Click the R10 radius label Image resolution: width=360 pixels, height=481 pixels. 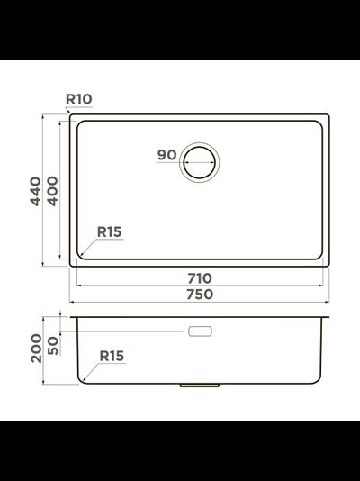click(79, 99)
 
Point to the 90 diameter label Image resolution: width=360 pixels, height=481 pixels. click(166, 155)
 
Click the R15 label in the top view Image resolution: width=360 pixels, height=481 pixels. click(110, 231)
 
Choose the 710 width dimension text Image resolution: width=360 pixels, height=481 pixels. click(200, 277)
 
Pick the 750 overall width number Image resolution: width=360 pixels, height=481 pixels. click(200, 294)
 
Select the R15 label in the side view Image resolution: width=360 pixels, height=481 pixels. click(112, 357)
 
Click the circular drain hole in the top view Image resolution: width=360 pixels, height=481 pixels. click(200, 163)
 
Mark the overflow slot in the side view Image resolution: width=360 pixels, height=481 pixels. click(200, 331)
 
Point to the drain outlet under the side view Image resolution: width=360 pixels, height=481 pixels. click(200, 386)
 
